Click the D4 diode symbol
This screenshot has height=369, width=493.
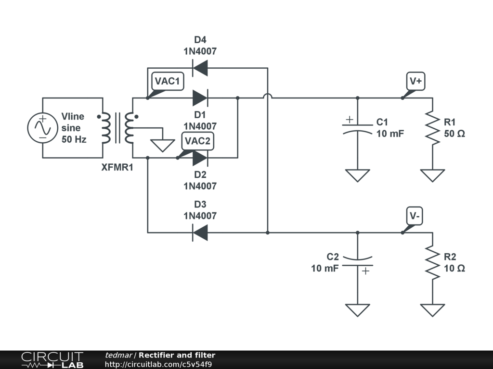(200, 68)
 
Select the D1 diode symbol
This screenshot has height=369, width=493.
(200, 98)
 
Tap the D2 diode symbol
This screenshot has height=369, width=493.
(200, 158)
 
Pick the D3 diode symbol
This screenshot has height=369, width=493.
(200, 233)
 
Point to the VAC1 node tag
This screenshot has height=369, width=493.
(168, 81)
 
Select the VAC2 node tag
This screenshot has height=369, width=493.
(197, 141)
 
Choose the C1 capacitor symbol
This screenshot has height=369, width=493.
(357, 127)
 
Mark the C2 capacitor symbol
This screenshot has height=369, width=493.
(357, 262)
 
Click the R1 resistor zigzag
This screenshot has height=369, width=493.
(432, 128)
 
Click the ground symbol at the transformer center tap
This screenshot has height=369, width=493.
(163, 145)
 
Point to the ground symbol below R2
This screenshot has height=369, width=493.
(432, 310)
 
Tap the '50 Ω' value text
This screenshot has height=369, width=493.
(454, 134)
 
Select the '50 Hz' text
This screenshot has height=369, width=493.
(74, 140)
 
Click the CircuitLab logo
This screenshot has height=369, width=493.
(52, 360)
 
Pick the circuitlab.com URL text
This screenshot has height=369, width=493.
(158, 364)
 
